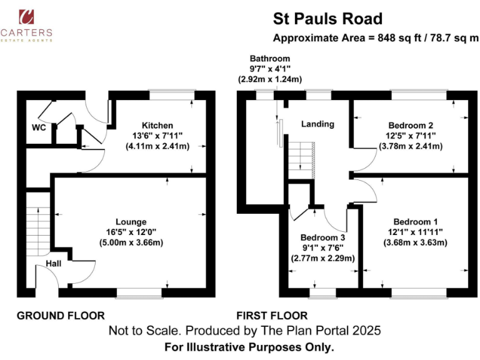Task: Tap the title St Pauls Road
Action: pos(328,19)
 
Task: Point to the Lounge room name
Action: pos(131,221)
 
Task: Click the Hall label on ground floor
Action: pos(54,264)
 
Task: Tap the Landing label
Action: pos(317,124)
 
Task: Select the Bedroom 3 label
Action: pos(323,237)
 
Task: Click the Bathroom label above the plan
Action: pos(269,59)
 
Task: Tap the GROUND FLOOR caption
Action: pos(61,315)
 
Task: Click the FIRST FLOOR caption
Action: pos(272,315)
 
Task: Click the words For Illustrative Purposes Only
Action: pos(249,346)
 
